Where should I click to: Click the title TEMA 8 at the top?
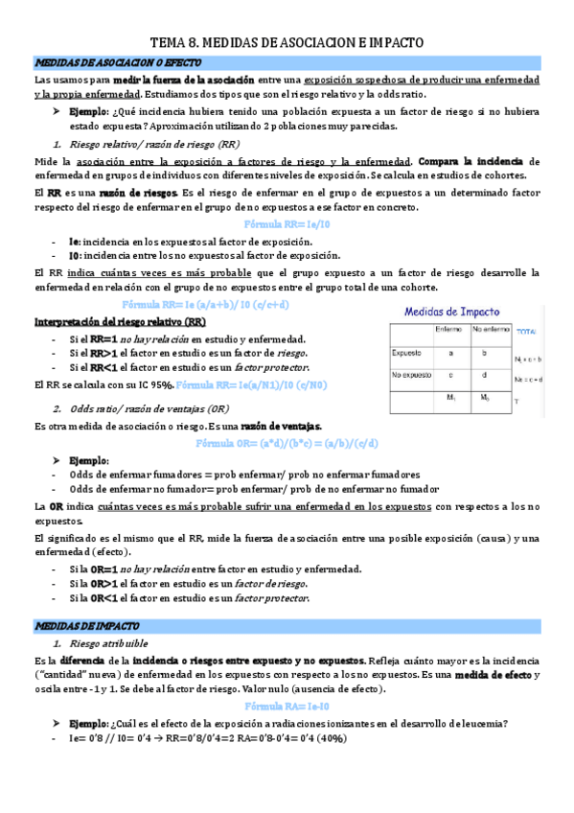pyautogui.click(x=287, y=43)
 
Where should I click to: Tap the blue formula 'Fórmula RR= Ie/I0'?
pyautogui.click(x=287, y=222)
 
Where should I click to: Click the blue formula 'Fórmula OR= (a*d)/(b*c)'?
pyautogui.click(x=287, y=444)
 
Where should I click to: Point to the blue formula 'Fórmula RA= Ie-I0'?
pyautogui.click(x=287, y=706)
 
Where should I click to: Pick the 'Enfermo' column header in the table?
pyautogui.click(x=448, y=330)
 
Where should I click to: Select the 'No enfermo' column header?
pyautogui.click(x=490, y=330)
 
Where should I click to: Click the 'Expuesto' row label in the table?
pyautogui.click(x=406, y=352)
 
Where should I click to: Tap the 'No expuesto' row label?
pyautogui.click(x=411, y=374)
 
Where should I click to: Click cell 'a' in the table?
pyautogui.click(x=448, y=352)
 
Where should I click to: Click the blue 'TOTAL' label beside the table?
pyautogui.click(x=526, y=331)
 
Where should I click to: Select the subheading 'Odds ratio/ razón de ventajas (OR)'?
pyautogui.click(x=149, y=408)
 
